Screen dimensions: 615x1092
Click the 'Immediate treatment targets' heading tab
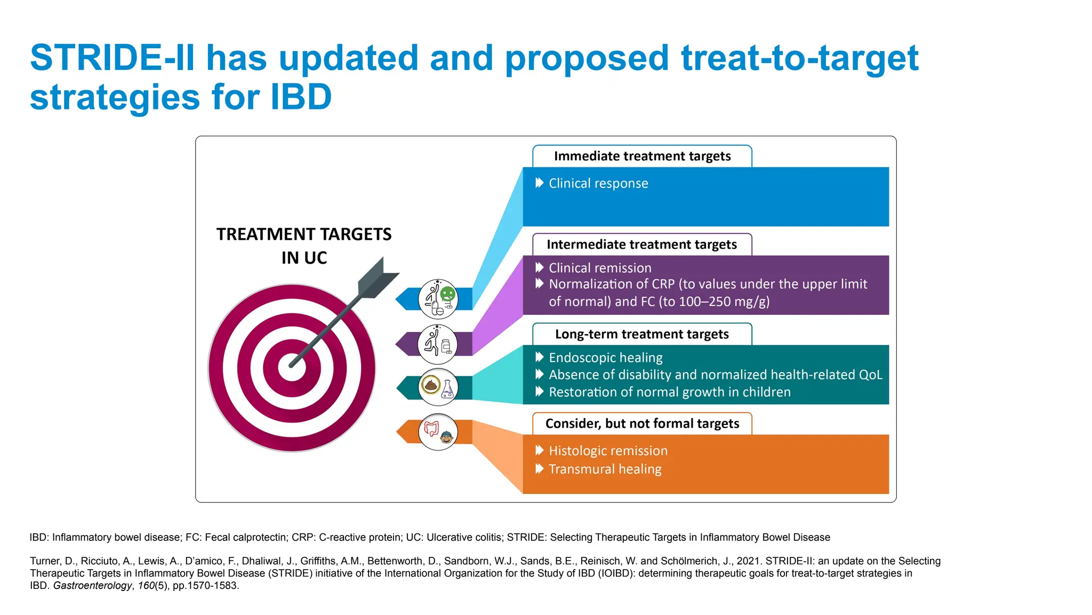pos(642,156)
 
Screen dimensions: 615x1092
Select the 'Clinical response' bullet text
pos(598,184)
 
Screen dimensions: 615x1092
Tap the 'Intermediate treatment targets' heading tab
pos(642,245)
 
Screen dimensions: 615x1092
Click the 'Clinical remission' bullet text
pos(600,268)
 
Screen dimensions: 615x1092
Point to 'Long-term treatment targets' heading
pos(642,334)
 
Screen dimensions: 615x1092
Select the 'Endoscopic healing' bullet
pos(606,358)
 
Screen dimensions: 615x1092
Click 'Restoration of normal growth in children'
pos(670,392)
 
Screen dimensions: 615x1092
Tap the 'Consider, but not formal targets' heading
pos(642,424)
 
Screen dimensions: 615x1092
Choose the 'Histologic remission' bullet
pos(608,451)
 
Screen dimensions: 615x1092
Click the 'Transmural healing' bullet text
pos(605,469)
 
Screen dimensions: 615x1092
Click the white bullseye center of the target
pos(292,368)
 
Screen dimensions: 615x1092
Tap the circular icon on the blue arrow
pos(438,299)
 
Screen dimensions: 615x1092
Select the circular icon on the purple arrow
pos(438,344)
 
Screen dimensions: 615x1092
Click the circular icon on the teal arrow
pos(438,388)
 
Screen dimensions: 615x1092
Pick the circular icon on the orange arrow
pos(438,432)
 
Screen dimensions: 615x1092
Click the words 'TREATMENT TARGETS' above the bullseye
pos(304,234)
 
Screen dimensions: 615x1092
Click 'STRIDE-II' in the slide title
pos(112,58)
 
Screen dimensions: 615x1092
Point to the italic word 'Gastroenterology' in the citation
pos(92,586)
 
